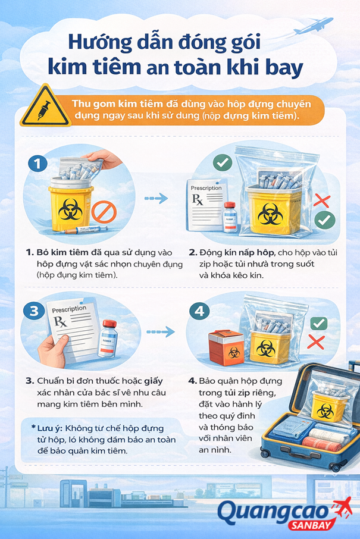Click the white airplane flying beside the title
tap(315, 26)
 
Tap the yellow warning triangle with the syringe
tap(41, 107)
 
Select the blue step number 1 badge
tap(38, 163)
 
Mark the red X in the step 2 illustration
tap(322, 200)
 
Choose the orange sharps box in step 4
tap(226, 349)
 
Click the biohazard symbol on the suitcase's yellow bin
tap(324, 410)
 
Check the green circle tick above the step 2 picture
tap(223, 162)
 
